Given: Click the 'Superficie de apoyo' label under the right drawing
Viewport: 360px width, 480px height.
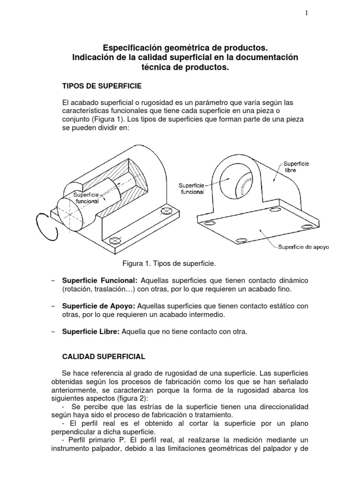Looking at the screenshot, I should point(304,247).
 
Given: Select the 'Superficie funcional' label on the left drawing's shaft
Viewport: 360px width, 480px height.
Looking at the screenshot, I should point(85,197).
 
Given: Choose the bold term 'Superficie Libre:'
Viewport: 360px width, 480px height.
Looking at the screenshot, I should point(91,332).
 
